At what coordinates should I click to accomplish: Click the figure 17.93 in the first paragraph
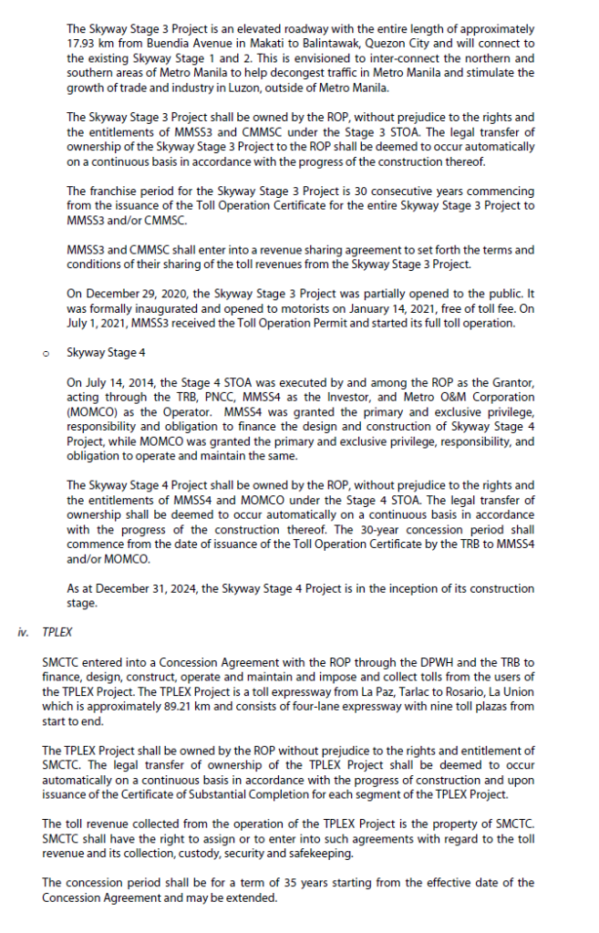(x=82, y=44)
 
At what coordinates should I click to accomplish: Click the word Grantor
(x=513, y=382)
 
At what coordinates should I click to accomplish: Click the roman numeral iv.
(x=24, y=631)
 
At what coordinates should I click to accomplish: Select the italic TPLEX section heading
(x=57, y=631)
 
